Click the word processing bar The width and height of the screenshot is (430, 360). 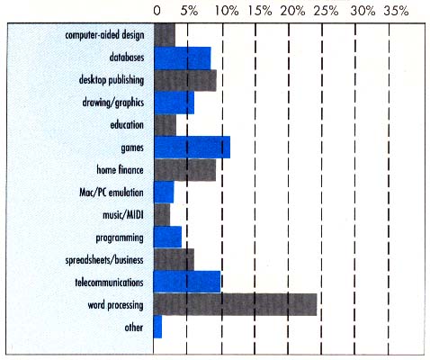pos(236,304)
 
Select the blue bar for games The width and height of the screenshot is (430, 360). pos(192,147)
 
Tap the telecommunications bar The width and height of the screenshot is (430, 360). pos(187,282)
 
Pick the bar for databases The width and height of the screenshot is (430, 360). pos(182,58)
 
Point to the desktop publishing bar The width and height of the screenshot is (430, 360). pos(185,80)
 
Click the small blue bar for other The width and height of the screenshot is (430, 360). pos(157,327)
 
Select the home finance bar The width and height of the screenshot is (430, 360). pos(184,169)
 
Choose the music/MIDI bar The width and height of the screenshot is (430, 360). pos(162,214)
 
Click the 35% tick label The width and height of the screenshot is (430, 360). pos(395,12)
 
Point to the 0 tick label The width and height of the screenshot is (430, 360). pos(157,12)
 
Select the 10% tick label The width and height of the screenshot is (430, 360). pos(225,12)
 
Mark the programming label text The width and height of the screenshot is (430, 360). pos(120,238)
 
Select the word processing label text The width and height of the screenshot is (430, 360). pos(113,305)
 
